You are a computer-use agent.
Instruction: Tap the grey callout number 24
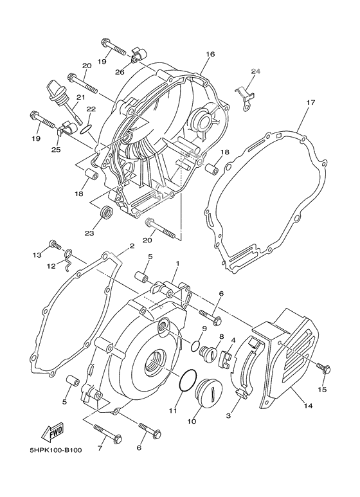[x=256, y=71]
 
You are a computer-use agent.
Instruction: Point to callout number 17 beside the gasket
[x=310, y=102]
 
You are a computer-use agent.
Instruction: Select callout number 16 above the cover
[x=210, y=55]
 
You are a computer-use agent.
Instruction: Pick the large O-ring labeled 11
[x=186, y=381]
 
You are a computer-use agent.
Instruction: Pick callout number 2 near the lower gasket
[x=131, y=246]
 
